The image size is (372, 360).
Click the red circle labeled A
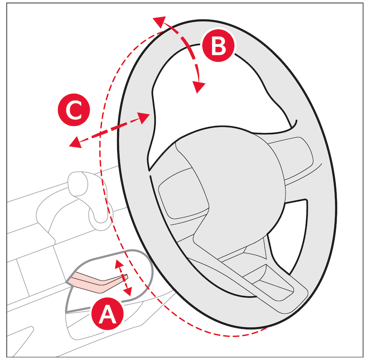108,314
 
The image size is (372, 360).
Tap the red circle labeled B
218,45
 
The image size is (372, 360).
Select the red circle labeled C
74,110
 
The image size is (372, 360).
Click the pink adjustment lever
97,282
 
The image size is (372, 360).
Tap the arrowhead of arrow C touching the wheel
144,118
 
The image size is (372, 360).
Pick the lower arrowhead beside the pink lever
128,291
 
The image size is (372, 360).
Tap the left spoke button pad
183,193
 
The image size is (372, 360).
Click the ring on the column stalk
100,216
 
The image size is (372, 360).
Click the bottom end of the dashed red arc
266,328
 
